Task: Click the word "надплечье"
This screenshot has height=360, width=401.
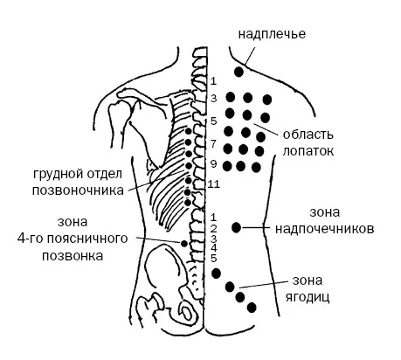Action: click(x=272, y=34)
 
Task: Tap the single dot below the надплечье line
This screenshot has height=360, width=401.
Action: click(x=239, y=72)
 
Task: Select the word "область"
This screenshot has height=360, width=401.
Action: click(x=308, y=135)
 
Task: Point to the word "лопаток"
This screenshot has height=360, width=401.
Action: click(x=308, y=151)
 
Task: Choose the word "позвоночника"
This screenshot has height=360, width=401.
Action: click(x=78, y=190)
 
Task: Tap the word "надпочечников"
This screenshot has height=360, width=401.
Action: click(x=325, y=229)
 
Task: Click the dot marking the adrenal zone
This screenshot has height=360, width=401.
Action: click(x=236, y=227)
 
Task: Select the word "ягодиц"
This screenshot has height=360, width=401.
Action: click(x=308, y=297)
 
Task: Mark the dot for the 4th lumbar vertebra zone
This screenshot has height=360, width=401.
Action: click(x=184, y=243)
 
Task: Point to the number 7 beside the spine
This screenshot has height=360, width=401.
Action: click(x=213, y=143)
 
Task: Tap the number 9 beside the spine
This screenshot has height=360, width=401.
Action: click(x=213, y=164)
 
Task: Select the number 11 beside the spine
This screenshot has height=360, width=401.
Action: click(x=213, y=184)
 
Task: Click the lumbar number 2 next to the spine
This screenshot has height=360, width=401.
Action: click(x=213, y=228)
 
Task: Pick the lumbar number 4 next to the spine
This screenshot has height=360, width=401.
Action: click(x=214, y=248)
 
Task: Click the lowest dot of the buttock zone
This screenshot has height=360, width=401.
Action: click(x=252, y=308)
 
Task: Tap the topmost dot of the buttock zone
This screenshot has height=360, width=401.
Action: click(x=216, y=273)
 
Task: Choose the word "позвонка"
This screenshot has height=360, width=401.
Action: click(x=73, y=256)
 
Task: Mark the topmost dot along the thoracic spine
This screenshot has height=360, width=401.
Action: click(x=189, y=131)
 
